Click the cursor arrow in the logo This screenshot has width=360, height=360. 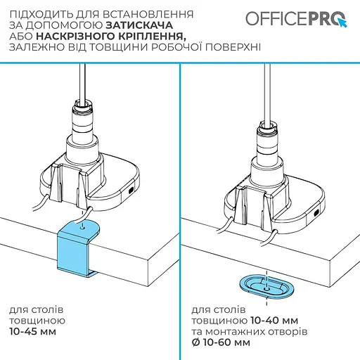(342, 22)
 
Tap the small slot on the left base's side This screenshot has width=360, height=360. (131, 190)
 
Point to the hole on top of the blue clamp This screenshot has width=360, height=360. (84, 227)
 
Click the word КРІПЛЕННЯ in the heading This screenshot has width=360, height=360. (158, 36)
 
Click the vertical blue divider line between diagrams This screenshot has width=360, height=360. (180, 211)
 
